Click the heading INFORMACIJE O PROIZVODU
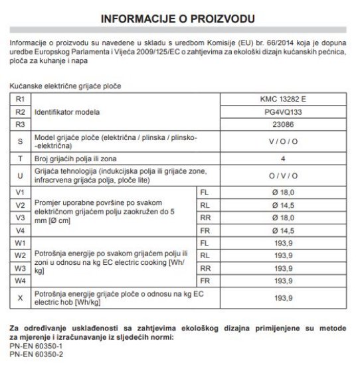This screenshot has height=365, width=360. tap(180, 16)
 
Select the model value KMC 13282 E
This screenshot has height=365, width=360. tap(283, 99)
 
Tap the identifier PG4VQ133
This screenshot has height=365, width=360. tap(283, 111)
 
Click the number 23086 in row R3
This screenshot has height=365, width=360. tap(283, 124)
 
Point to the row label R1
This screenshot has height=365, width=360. tap(20, 99)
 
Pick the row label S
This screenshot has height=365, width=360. tap(20, 141)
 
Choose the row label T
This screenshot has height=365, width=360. tap(20, 159)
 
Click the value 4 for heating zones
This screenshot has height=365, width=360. tap(283, 159)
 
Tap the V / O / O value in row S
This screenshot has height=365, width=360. tap(283, 141)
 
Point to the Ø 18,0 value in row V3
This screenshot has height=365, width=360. tap(283, 218)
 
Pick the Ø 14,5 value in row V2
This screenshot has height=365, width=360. tap(283, 205)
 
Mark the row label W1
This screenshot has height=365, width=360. tap(20, 243)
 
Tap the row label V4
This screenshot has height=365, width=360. tap(20, 230)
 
